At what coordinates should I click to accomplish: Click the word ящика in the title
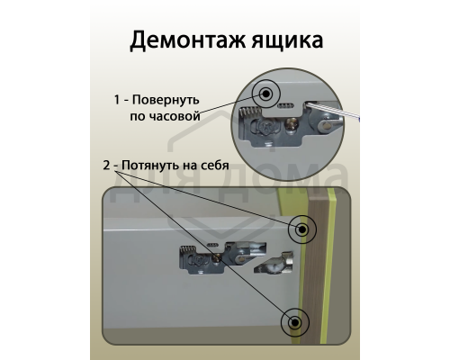(283, 41)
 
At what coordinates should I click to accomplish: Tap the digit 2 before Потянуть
(107, 166)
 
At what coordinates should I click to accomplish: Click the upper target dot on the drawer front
(301, 230)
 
